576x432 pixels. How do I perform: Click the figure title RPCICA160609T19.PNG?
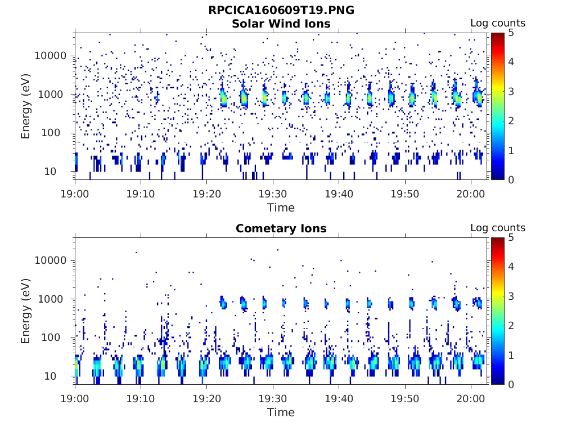(281, 10)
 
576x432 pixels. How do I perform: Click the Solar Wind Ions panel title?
(281, 24)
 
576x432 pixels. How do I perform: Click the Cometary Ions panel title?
(281, 228)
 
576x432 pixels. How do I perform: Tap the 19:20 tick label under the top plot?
(206, 193)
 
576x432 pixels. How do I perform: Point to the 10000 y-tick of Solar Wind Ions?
(51, 56)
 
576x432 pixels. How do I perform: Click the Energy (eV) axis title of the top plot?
(26, 106)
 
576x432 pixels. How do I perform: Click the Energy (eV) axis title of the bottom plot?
(26, 311)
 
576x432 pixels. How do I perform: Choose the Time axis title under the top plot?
(281, 208)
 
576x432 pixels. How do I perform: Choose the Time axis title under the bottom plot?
(281, 412)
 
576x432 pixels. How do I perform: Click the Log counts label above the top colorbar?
(497, 24)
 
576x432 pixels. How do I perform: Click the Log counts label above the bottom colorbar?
(497, 228)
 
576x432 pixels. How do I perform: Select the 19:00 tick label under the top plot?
(75, 193)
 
